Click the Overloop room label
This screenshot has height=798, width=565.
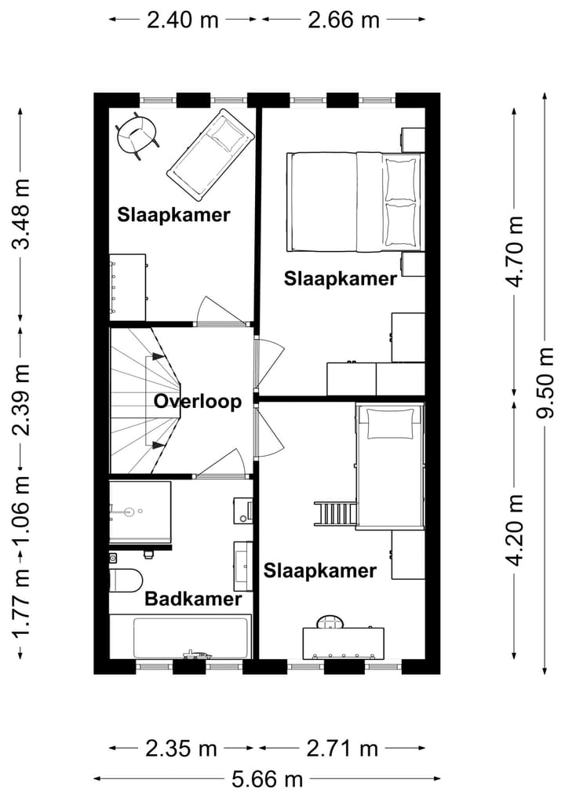(198, 401)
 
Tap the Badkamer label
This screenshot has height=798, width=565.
(193, 599)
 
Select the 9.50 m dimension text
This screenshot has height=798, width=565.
(545, 382)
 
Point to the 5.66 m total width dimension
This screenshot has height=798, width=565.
(268, 779)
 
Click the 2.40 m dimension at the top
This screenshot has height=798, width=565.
(183, 20)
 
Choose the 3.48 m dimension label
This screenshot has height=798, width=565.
(22, 213)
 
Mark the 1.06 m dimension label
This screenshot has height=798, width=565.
(22, 508)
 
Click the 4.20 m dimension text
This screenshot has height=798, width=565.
(515, 530)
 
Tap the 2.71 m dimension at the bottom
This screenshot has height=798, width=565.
(343, 749)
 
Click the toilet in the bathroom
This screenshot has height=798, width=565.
(126, 580)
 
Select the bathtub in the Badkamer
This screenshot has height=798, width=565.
(180, 636)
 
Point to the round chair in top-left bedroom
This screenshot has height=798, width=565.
(137, 136)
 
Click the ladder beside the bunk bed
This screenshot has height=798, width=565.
(336, 513)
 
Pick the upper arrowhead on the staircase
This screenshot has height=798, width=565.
(159, 357)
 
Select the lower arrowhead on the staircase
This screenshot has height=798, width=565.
(159, 446)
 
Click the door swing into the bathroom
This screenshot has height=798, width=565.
(222, 462)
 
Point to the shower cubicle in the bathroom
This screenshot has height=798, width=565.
(140, 512)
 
